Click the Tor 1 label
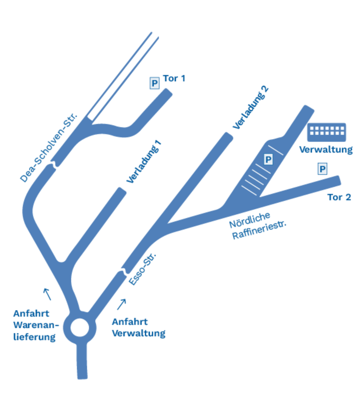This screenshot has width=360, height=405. pyautogui.click(x=174, y=78)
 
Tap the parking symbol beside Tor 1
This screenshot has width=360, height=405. pyautogui.click(x=154, y=83)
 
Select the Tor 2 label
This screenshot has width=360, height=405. pyautogui.click(x=339, y=197)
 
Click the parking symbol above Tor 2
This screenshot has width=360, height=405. pyautogui.click(x=323, y=169)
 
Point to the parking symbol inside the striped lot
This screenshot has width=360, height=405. pyautogui.click(x=268, y=159)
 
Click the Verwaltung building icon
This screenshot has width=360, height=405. pyautogui.click(x=326, y=132)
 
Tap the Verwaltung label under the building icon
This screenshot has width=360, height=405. pyautogui.click(x=326, y=149)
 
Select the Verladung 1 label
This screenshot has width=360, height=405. pyautogui.click(x=144, y=162)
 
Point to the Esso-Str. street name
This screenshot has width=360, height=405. pyautogui.click(x=143, y=269)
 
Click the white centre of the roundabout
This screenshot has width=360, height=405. pyautogui.click(x=79, y=328)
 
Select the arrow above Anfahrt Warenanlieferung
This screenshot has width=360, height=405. pyautogui.click(x=47, y=294)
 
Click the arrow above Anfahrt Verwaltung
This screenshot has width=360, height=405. pyautogui.click(x=121, y=304)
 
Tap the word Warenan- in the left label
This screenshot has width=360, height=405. pyautogui.click(x=36, y=325)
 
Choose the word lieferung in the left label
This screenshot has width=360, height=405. pyautogui.click(x=34, y=337)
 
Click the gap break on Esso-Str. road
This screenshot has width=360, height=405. pyautogui.click(x=123, y=272)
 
